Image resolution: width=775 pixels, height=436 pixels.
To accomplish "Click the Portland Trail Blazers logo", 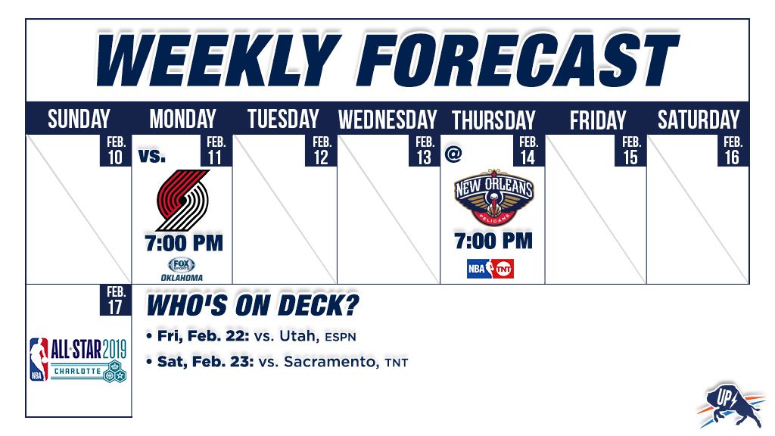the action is coord(183,200).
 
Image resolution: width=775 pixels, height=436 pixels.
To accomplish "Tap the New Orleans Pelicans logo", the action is coord(493,197).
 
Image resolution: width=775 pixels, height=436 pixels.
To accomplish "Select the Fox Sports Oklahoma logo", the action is coord(182,269).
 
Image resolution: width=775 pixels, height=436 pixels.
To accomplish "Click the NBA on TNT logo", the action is coord(490,269).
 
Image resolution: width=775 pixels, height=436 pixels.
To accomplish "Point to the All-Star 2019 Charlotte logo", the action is coord(78,360).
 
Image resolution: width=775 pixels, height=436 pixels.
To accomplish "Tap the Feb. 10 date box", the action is coord(116,151).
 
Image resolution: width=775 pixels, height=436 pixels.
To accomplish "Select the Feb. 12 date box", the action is coord(321,151).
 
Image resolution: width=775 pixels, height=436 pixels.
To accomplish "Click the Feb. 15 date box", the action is coord(630,151).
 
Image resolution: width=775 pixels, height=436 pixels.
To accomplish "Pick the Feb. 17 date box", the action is coord(116,300).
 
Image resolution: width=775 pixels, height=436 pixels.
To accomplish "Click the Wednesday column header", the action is coord(387,120).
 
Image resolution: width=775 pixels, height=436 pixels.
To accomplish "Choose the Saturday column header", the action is coord(699,120).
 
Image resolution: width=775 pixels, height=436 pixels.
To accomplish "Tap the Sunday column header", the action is coord(79,119).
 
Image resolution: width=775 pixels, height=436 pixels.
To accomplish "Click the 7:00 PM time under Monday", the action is coord(184,243).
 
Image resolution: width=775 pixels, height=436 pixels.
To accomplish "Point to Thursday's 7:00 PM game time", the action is coord(493,241).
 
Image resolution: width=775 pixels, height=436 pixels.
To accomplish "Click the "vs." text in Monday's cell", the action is coord(151,156).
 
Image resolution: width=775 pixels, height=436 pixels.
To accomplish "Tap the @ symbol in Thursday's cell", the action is coord(453,154).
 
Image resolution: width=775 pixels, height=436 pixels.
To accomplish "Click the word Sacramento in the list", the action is coord(330,362).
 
